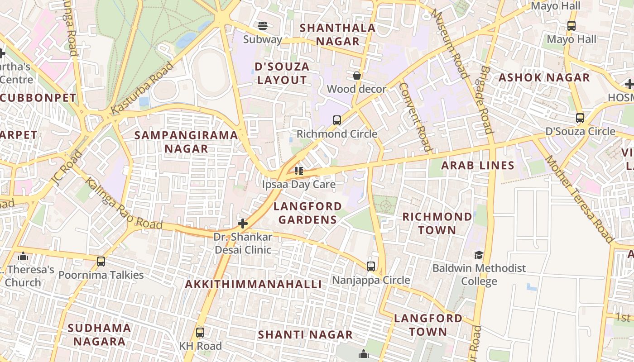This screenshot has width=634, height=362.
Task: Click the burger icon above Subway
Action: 262,25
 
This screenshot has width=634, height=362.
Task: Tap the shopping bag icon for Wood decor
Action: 357,76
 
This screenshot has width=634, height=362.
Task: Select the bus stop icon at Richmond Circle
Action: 337,120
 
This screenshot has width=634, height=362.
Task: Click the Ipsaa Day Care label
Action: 299,184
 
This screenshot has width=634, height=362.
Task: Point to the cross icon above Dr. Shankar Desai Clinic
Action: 243,224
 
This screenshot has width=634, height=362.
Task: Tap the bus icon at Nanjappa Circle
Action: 371,267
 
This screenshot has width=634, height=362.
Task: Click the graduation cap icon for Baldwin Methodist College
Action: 479,255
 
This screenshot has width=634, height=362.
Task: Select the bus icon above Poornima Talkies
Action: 101,262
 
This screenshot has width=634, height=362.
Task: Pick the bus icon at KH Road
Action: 200,333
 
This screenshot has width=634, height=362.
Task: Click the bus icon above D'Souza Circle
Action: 580,119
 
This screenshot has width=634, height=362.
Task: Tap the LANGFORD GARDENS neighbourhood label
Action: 307,213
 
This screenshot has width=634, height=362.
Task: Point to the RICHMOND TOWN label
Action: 437,224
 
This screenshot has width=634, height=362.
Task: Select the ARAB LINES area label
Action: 478,166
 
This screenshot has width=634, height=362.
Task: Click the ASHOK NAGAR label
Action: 544,78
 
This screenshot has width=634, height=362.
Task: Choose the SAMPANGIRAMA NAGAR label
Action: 186,142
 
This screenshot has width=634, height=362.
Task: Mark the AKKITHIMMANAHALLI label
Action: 254,284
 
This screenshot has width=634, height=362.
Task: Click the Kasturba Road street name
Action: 142,88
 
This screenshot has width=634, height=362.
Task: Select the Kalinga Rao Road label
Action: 124,204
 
